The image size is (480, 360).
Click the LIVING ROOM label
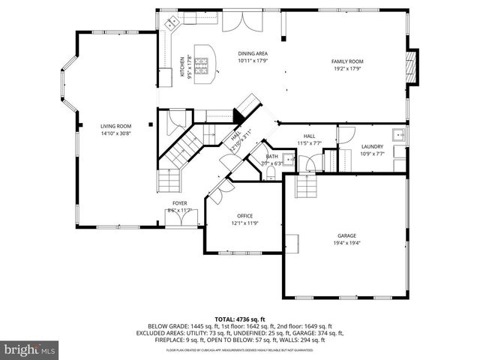[x=116, y=126]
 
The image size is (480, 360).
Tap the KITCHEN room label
[x=181, y=66]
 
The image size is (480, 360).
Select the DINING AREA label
[x=253, y=54]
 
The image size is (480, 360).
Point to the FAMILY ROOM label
[x=347, y=61]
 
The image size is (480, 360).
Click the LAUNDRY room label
[x=372, y=146]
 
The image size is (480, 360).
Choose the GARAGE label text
[x=346, y=235]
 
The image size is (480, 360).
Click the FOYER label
[x=180, y=203]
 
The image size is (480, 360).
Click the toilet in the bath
[x=271, y=175]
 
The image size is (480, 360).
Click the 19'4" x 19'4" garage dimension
[x=346, y=243]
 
